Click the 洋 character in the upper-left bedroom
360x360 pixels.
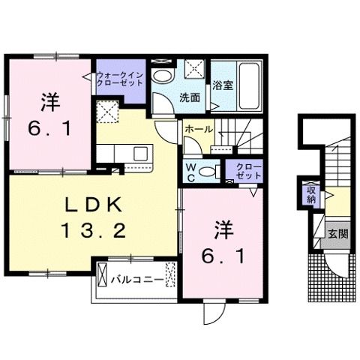coord(49,99)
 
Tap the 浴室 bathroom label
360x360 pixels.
coord(222,85)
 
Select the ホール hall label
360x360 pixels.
coord(199,130)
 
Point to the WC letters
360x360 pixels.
coord(191,171)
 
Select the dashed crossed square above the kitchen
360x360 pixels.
coord(108,115)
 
